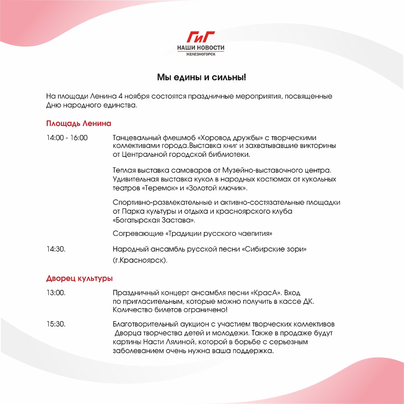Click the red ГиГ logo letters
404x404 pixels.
click(x=200, y=37)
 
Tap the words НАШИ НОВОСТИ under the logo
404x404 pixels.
click(x=201, y=48)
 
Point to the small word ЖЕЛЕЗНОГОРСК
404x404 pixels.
click(x=201, y=54)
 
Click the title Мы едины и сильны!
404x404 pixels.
click(x=201, y=77)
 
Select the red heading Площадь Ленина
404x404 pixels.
click(x=79, y=123)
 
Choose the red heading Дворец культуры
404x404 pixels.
click(x=79, y=279)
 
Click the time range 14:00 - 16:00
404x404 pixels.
click(x=67, y=138)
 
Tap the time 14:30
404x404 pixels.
click(x=56, y=249)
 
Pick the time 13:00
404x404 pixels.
click(x=56, y=293)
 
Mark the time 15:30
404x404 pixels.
click(x=56, y=324)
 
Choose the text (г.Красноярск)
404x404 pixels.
click(x=140, y=260)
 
